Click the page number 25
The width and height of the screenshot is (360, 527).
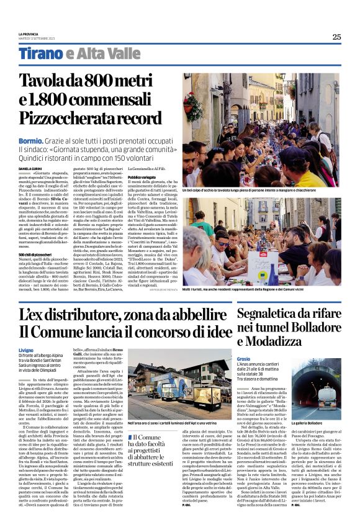[336, 37]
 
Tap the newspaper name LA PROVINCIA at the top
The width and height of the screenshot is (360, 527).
[29, 34]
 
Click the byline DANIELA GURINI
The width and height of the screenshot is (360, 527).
[29, 168]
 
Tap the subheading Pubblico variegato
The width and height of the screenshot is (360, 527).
[142, 177]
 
